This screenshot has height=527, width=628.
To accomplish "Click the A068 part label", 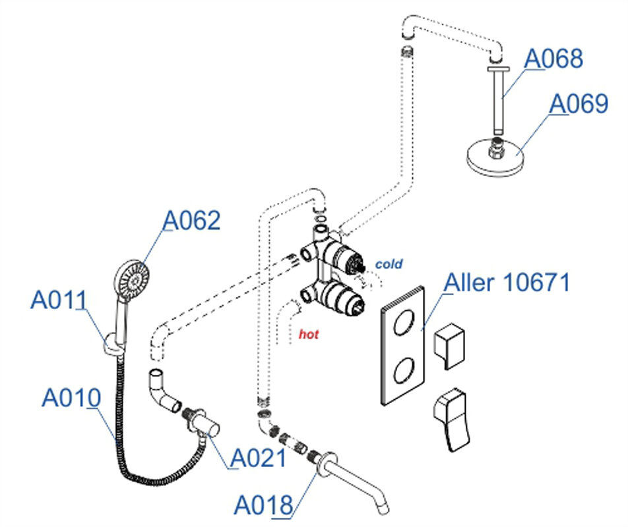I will [x=553, y=59].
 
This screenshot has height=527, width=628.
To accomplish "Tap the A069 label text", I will [x=579, y=103].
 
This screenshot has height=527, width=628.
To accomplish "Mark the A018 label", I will [x=263, y=506].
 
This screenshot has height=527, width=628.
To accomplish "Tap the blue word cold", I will [x=389, y=264].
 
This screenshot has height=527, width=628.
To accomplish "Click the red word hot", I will [x=308, y=335].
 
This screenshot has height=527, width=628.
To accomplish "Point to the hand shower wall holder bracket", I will [x=113, y=345].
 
